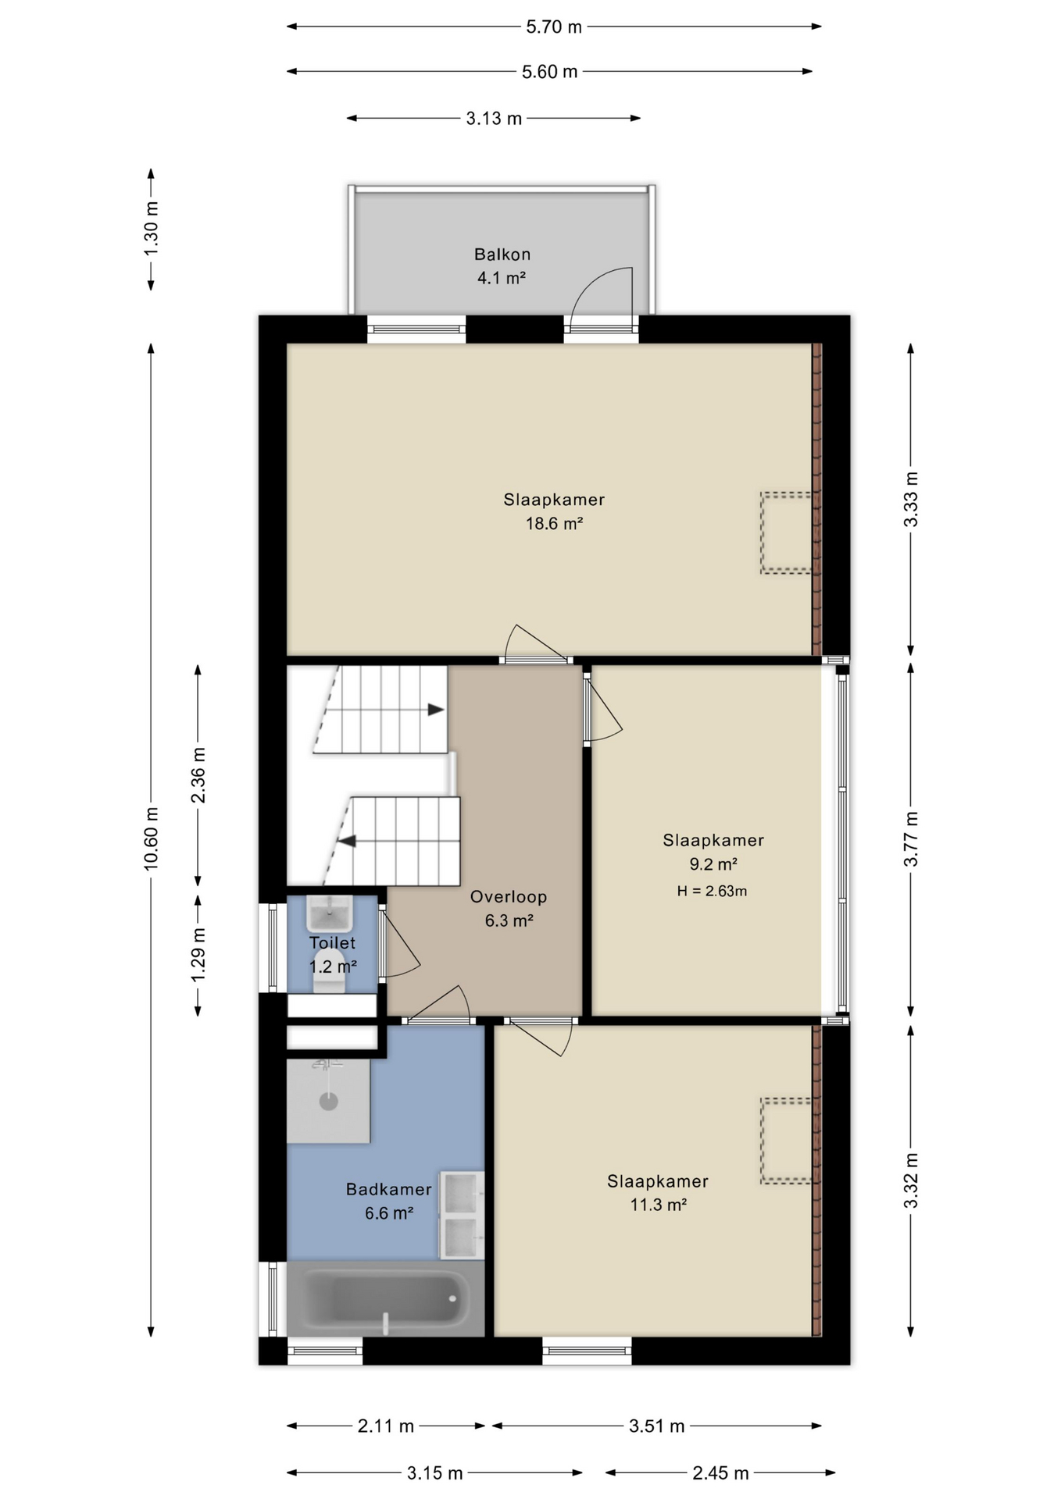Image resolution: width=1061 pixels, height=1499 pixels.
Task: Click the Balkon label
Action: pyautogui.click(x=502, y=255)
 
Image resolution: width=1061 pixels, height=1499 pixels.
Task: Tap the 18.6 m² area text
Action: pyautogui.click(x=554, y=523)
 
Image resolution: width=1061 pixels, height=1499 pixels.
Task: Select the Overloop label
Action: pyautogui.click(x=508, y=897)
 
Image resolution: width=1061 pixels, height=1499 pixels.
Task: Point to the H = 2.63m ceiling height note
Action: pyautogui.click(x=712, y=891)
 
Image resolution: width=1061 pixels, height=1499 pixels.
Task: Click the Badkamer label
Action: pyautogui.click(x=388, y=1189)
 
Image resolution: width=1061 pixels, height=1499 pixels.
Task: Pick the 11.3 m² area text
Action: pyautogui.click(x=658, y=1205)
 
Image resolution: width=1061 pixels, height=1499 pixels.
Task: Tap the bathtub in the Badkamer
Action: pyautogui.click(x=386, y=1298)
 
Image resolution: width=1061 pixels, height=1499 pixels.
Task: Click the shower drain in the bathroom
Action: pyautogui.click(x=329, y=1102)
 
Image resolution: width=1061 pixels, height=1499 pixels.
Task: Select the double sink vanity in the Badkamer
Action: pyautogui.click(x=462, y=1216)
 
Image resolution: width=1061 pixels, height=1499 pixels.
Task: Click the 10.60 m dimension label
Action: pyautogui.click(x=151, y=839)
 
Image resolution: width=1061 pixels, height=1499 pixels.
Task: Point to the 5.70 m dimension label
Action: pyautogui.click(x=554, y=27)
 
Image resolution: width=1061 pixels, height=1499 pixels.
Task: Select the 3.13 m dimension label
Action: pyautogui.click(x=494, y=119)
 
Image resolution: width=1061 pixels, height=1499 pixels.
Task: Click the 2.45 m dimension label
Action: pyautogui.click(x=720, y=1473)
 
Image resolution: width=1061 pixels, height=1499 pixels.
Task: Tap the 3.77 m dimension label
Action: pyautogui.click(x=911, y=839)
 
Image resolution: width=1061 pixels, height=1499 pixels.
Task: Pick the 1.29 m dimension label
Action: pyautogui.click(x=198, y=955)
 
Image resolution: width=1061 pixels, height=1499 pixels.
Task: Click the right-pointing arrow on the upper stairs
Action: pyautogui.click(x=436, y=710)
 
